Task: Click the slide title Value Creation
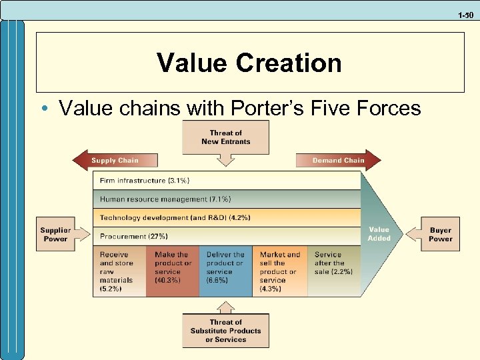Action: (x=249, y=63)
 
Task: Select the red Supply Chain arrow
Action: (x=115, y=160)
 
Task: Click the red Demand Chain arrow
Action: (x=339, y=160)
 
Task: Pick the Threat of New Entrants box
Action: (x=225, y=137)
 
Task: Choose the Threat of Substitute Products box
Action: (x=225, y=331)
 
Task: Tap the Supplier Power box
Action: (x=55, y=235)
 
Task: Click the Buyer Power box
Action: (x=440, y=235)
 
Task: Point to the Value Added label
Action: (x=379, y=234)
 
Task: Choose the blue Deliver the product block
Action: (x=227, y=271)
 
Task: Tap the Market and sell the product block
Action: (x=280, y=271)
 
